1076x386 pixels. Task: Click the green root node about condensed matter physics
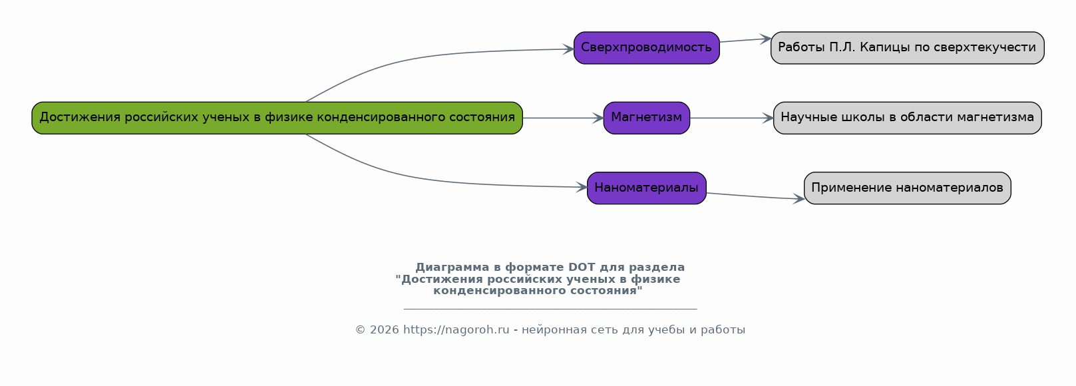click(x=277, y=118)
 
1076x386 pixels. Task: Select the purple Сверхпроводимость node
click(x=646, y=48)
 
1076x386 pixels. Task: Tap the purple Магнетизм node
click(x=646, y=118)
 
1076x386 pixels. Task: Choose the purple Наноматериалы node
click(x=646, y=188)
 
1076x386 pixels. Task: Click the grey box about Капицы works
click(x=907, y=48)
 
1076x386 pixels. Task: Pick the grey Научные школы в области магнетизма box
click(x=907, y=118)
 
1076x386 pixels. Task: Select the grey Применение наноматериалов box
click(x=907, y=188)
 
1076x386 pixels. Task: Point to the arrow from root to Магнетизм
click(x=562, y=118)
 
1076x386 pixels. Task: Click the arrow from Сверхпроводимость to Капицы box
click(x=745, y=40)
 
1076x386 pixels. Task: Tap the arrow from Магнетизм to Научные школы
click(x=731, y=118)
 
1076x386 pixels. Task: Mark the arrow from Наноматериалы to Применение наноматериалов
click(x=755, y=196)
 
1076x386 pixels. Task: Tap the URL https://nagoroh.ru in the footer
click(x=456, y=330)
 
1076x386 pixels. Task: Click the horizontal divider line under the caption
click(x=550, y=309)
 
